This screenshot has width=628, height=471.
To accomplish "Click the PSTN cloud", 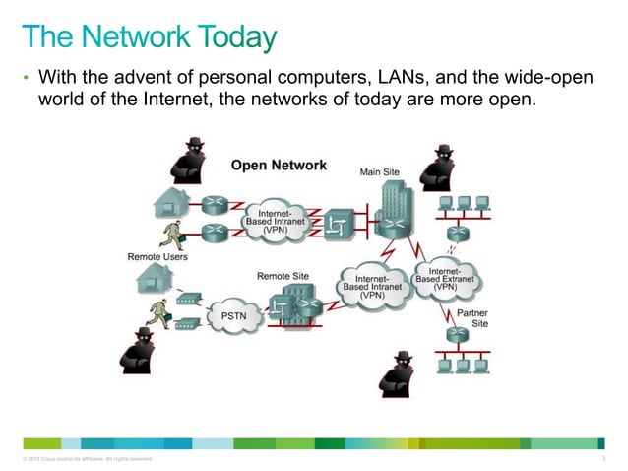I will coord(233,317).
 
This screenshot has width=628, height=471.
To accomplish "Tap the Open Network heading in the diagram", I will coord(279,166).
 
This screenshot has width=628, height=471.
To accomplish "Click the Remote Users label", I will coord(157,257).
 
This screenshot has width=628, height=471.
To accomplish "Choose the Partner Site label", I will coord(471,318).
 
